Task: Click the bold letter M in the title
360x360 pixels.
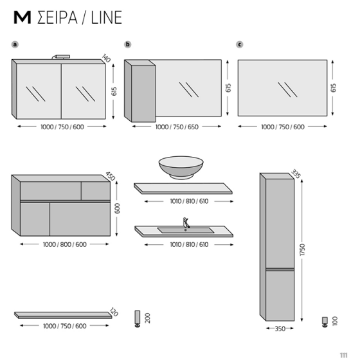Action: (21, 17)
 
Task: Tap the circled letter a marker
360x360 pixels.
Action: (15, 45)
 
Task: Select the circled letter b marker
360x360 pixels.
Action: (128, 45)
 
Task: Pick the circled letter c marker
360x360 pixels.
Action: (240, 45)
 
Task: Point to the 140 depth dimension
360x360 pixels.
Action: (107, 59)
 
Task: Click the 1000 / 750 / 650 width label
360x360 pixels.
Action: (177, 127)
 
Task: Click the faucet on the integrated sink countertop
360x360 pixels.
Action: (187, 223)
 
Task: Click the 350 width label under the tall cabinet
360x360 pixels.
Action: (280, 329)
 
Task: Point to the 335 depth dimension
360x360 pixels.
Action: (296, 174)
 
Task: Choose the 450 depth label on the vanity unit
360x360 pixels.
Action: (110, 177)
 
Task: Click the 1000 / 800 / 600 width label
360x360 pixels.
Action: (64, 244)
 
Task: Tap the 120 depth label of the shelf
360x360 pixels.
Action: (114, 312)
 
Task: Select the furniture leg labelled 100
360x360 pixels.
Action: (324, 321)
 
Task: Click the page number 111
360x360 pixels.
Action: (345, 353)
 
